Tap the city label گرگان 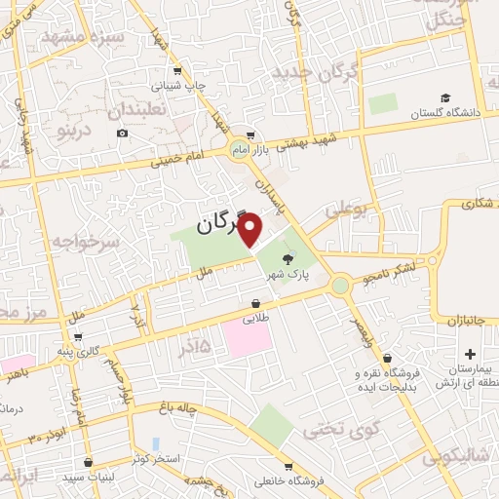[x=222, y=224]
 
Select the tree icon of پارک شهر [x=288, y=258]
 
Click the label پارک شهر [x=290, y=275]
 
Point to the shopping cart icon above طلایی [x=255, y=302]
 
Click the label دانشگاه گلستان [x=449, y=114]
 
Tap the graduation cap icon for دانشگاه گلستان [x=444, y=98]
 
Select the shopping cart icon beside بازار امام [x=251, y=135]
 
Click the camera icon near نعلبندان [x=122, y=134]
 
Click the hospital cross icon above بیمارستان [x=471, y=353]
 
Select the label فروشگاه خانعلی [x=288, y=480]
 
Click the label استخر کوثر [x=148, y=456]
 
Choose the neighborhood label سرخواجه [x=86, y=241]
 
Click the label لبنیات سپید [x=88, y=478]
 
